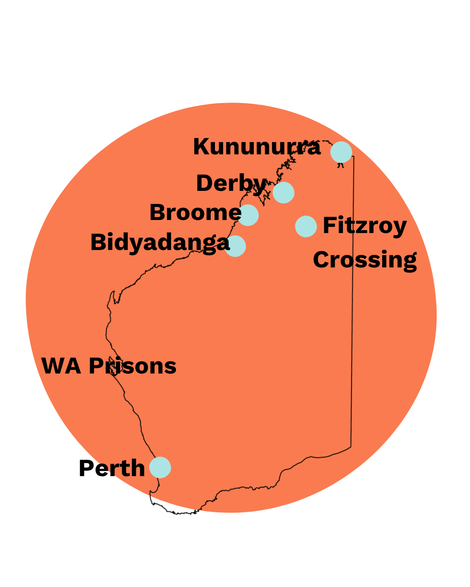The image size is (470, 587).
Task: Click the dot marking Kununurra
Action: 341,152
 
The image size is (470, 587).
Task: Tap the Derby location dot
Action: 284,193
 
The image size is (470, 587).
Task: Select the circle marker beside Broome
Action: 248,215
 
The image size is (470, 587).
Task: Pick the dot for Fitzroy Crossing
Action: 306,227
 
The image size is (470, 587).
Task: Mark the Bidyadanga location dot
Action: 235,246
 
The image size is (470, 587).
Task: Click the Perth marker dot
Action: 160,467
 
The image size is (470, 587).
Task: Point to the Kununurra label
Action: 257,147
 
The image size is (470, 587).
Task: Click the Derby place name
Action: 231,183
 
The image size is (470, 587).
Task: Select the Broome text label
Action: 195,213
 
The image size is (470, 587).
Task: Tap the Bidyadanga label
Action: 160,243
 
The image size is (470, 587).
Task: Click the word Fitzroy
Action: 365,226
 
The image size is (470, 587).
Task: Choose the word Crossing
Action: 365,260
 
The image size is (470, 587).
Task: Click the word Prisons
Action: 133,366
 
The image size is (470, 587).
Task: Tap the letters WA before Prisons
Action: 61,366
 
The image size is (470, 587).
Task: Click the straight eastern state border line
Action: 352,304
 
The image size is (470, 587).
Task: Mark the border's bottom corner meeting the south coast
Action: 351,447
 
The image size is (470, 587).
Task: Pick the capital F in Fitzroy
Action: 329,225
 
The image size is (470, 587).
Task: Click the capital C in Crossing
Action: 321,260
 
